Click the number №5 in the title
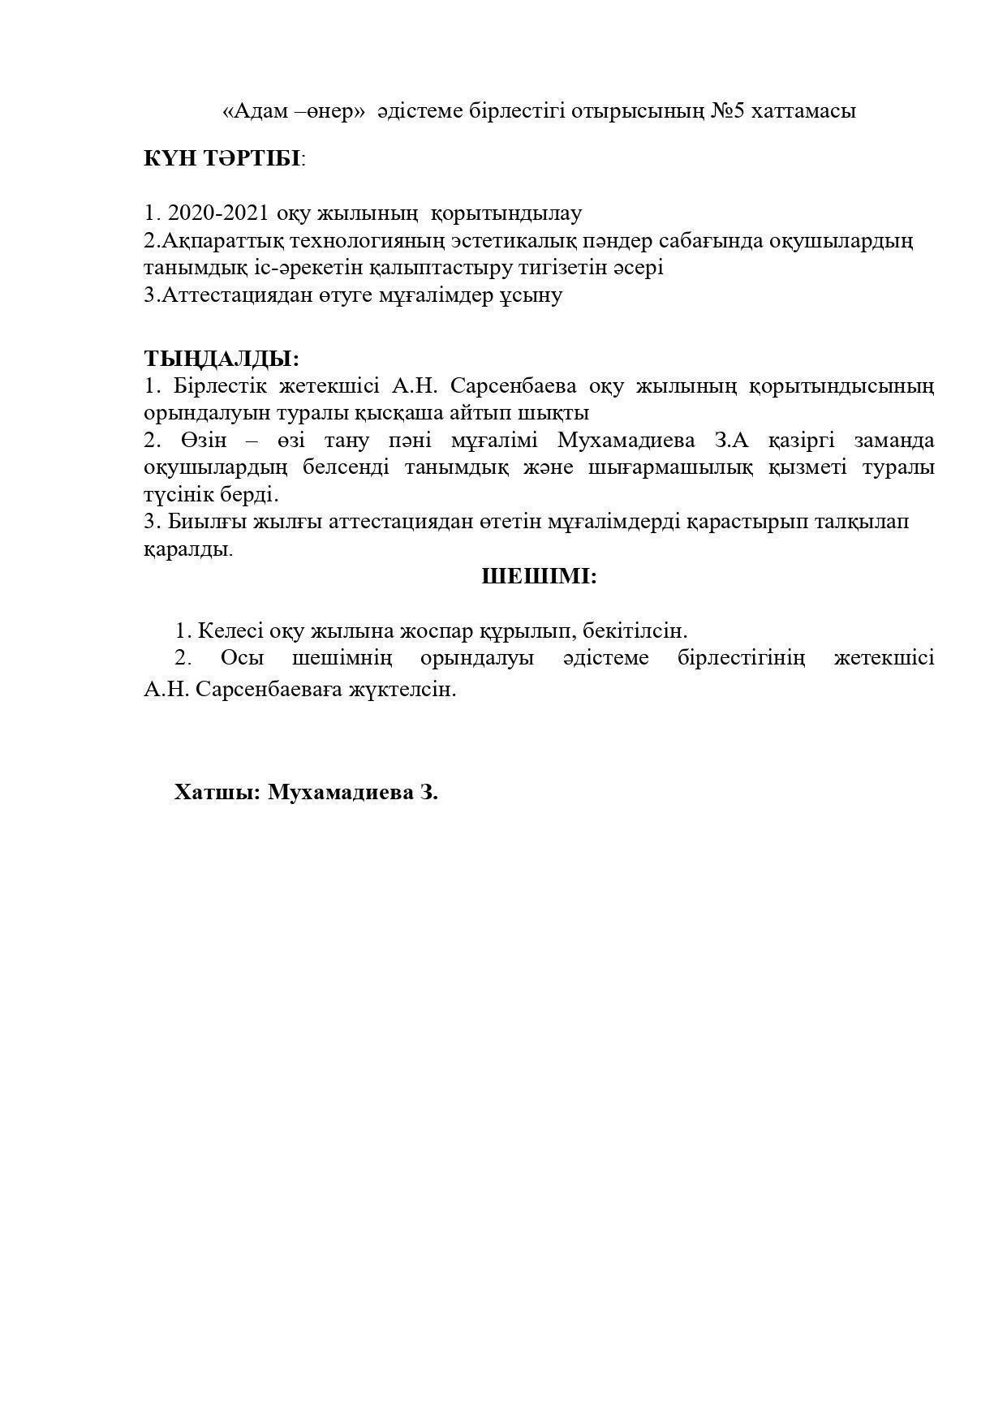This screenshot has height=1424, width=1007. click(728, 111)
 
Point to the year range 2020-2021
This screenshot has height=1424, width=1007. click(218, 213)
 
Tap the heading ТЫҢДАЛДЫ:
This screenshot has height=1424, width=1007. click(222, 358)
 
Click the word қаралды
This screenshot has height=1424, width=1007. click(187, 549)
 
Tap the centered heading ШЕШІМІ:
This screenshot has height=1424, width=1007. click(540, 577)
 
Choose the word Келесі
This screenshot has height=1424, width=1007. click(230, 630)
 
